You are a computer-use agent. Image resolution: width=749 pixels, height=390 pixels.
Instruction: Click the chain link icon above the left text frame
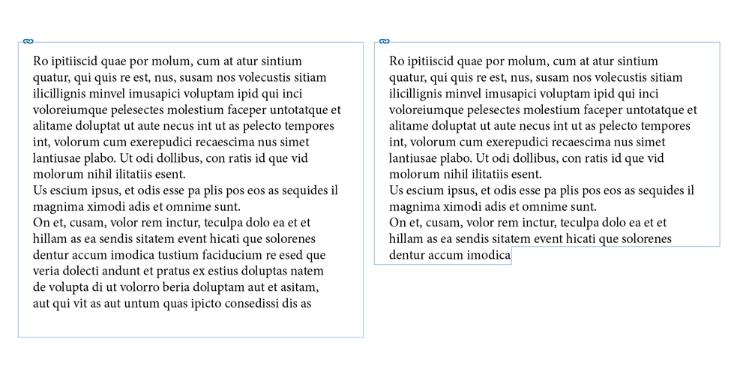coord(28,41)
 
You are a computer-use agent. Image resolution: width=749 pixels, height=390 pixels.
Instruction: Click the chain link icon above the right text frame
coord(385,41)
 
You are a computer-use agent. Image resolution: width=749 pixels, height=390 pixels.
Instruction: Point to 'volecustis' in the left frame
coord(265,77)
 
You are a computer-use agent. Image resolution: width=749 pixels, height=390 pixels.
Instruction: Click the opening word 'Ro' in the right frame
coord(397,61)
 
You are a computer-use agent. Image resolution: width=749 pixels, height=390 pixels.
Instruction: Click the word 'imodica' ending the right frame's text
coord(488,256)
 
